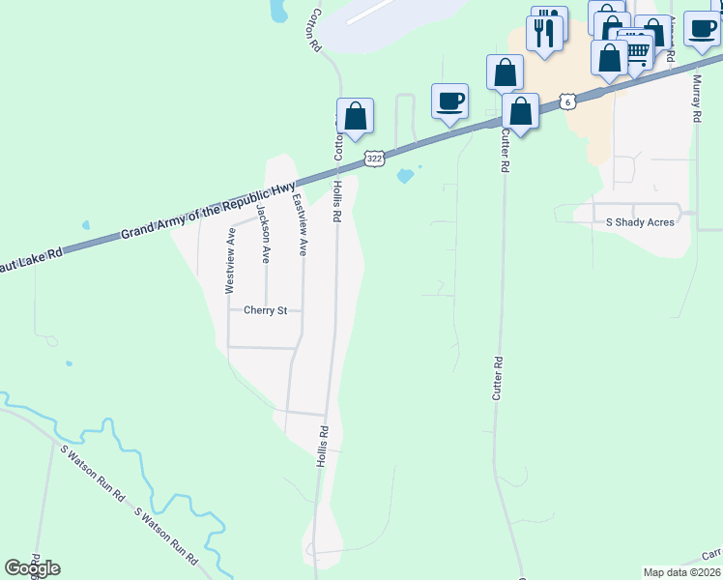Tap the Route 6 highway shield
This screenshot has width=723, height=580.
tap(567, 101)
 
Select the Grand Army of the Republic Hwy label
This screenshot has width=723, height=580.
tap(208, 213)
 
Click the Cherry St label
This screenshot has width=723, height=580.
tap(266, 311)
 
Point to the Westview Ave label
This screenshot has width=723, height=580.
tap(230, 262)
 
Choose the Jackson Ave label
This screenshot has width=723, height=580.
tap(265, 234)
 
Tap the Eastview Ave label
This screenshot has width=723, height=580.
tap(300, 225)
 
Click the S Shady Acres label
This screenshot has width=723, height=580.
tap(640, 222)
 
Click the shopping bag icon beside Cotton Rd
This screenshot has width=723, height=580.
tap(356, 116)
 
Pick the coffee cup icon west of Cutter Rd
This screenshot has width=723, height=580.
tap(448, 101)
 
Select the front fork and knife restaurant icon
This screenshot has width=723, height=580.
tap(544, 33)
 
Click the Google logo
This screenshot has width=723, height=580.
tap(32, 568)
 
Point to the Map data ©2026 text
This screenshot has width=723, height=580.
tap(681, 572)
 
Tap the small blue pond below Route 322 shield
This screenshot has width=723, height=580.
tap(405, 176)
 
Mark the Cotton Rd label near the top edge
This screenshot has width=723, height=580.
tap(314, 30)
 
